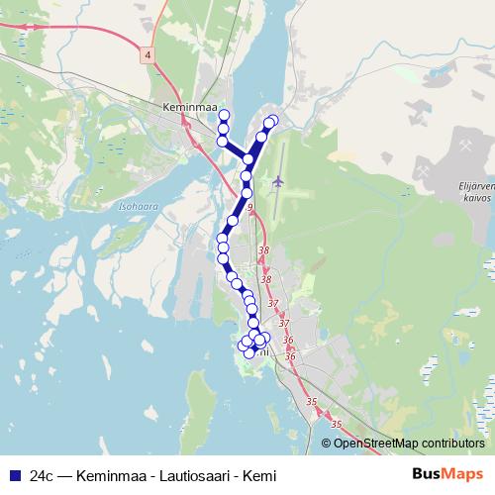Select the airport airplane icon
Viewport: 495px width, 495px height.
(x=277, y=181)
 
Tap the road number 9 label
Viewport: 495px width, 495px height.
(x=250, y=207)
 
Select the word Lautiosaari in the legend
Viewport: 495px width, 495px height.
(x=182, y=474)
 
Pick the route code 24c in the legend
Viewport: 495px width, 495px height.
(x=43, y=474)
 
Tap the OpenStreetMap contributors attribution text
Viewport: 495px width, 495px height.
(x=408, y=443)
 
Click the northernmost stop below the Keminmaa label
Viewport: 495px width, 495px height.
(x=224, y=115)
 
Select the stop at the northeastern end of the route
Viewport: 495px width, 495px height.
(x=272, y=121)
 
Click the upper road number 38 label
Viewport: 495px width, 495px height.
(x=263, y=251)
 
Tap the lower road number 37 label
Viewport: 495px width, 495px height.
(x=284, y=324)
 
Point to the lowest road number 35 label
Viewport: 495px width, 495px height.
(x=336, y=424)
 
